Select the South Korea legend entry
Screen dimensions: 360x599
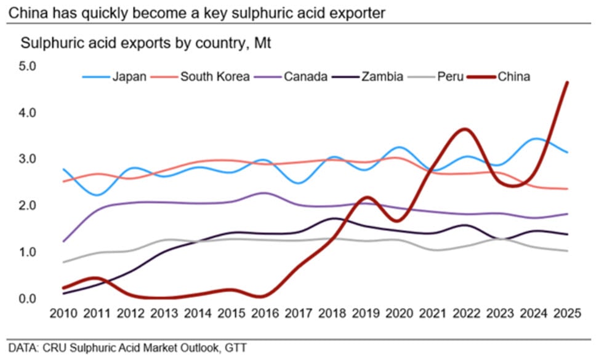214,77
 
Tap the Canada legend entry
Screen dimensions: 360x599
305,77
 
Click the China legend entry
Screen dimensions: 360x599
513,77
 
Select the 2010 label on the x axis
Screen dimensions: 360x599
64,313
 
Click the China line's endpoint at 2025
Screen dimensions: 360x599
567,82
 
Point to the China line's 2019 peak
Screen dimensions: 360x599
366,198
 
